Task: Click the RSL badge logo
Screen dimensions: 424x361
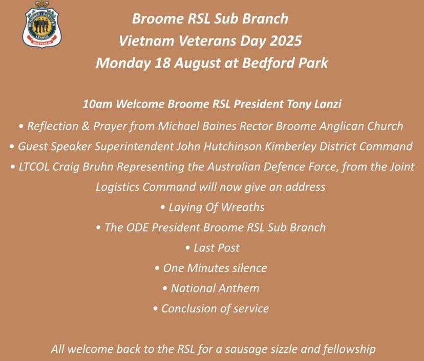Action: (x=41, y=24)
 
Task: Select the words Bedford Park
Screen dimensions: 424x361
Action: (x=285, y=63)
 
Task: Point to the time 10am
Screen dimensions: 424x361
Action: (x=97, y=104)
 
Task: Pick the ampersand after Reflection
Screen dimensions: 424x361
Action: (x=86, y=126)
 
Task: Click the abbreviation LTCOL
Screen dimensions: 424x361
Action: (x=34, y=167)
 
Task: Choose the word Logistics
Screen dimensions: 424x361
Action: (x=117, y=187)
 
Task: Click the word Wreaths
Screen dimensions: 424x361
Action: (x=243, y=208)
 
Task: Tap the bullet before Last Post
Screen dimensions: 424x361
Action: (x=187, y=248)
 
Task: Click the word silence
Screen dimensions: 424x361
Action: (x=249, y=268)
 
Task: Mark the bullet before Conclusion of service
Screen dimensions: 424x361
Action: (x=155, y=309)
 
